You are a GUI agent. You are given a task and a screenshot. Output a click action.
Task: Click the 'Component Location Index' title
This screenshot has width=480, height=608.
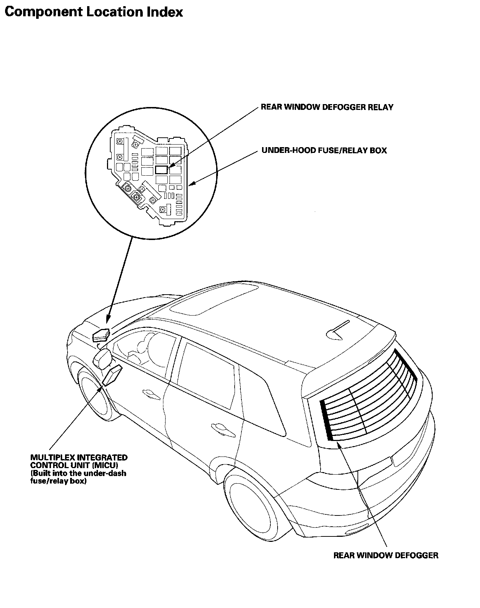point(94,12)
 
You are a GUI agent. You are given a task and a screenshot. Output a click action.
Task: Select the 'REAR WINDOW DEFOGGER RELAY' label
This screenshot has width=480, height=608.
point(327,107)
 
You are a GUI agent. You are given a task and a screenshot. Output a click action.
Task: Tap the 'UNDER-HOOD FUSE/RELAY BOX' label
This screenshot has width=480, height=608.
point(324,150)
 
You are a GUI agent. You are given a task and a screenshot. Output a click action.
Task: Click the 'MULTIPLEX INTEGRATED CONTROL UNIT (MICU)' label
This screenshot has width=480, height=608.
point(79,461)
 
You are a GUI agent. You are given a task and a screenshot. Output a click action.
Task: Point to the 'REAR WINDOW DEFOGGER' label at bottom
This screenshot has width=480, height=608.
point(386,555)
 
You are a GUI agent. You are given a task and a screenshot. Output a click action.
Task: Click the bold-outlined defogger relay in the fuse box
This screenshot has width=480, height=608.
point(161,170)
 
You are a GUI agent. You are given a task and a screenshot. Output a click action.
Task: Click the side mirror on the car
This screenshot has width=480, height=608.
point(102,358)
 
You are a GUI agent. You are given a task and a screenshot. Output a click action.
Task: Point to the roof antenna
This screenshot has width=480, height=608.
point(337,330)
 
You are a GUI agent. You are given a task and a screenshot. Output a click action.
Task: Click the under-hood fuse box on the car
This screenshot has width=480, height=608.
point(102,335)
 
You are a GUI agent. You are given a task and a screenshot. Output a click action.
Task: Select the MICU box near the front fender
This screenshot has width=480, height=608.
point(112,375)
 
